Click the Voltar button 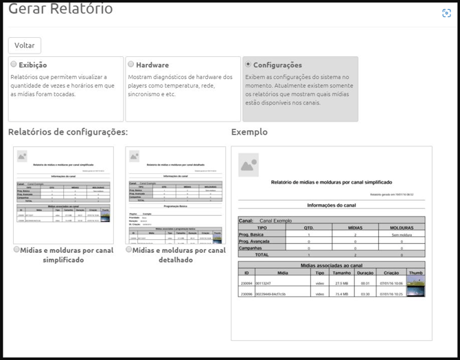[25, 45]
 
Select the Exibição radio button [14, 65]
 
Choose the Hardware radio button [130, 65]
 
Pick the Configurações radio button [249, 65]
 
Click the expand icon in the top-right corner [446, 12]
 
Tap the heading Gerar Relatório [60, 9]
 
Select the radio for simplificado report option [16, 250]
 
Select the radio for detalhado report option [129, 250]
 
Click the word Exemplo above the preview [249, 132]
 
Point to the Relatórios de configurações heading [68, 132]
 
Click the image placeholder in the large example [248, 165]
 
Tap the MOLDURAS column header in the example [402, 227]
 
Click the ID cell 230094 [246, 283]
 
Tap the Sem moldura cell [402, 234]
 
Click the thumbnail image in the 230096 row [415, 293]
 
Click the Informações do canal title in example [332, 205]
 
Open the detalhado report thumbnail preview [176, 195]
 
